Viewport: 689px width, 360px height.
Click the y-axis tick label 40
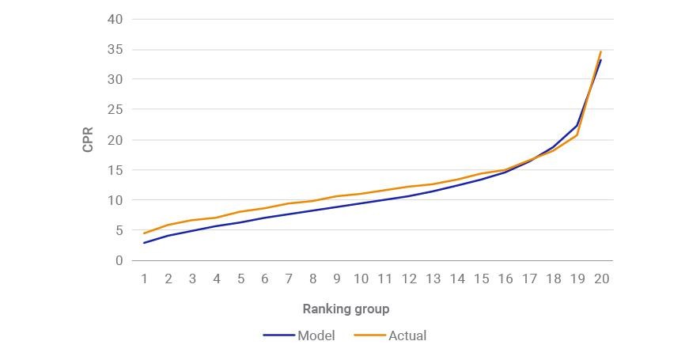click(115, 19)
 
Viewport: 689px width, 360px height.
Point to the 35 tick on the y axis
click(115, 50)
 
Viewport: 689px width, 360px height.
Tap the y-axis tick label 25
click(115, 109)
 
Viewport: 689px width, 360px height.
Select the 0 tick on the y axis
click(119, 260)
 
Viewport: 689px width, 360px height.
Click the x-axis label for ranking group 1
click(144, 279)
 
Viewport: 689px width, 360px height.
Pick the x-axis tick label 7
click(289, 279)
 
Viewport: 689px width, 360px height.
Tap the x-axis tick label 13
click(433, 279)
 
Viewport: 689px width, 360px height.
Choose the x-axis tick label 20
click(601, 279)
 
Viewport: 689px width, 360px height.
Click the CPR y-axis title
click(88, 140)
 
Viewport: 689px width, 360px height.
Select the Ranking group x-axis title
click(346, 309)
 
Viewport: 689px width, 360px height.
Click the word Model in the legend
click(316, 335)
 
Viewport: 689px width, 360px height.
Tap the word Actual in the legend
click(407, 335)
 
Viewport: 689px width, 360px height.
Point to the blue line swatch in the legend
click(278, 335)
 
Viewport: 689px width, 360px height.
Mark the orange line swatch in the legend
click(369, 335)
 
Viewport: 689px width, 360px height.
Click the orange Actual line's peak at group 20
click(600, 51)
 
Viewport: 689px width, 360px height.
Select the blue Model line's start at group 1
click(144, 243)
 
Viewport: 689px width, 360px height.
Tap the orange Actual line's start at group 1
click(144, 233)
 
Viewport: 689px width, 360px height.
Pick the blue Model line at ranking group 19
click(577, 126)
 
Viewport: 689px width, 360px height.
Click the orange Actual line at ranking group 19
click(577, 135)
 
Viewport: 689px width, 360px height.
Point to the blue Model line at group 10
click(361, 203)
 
